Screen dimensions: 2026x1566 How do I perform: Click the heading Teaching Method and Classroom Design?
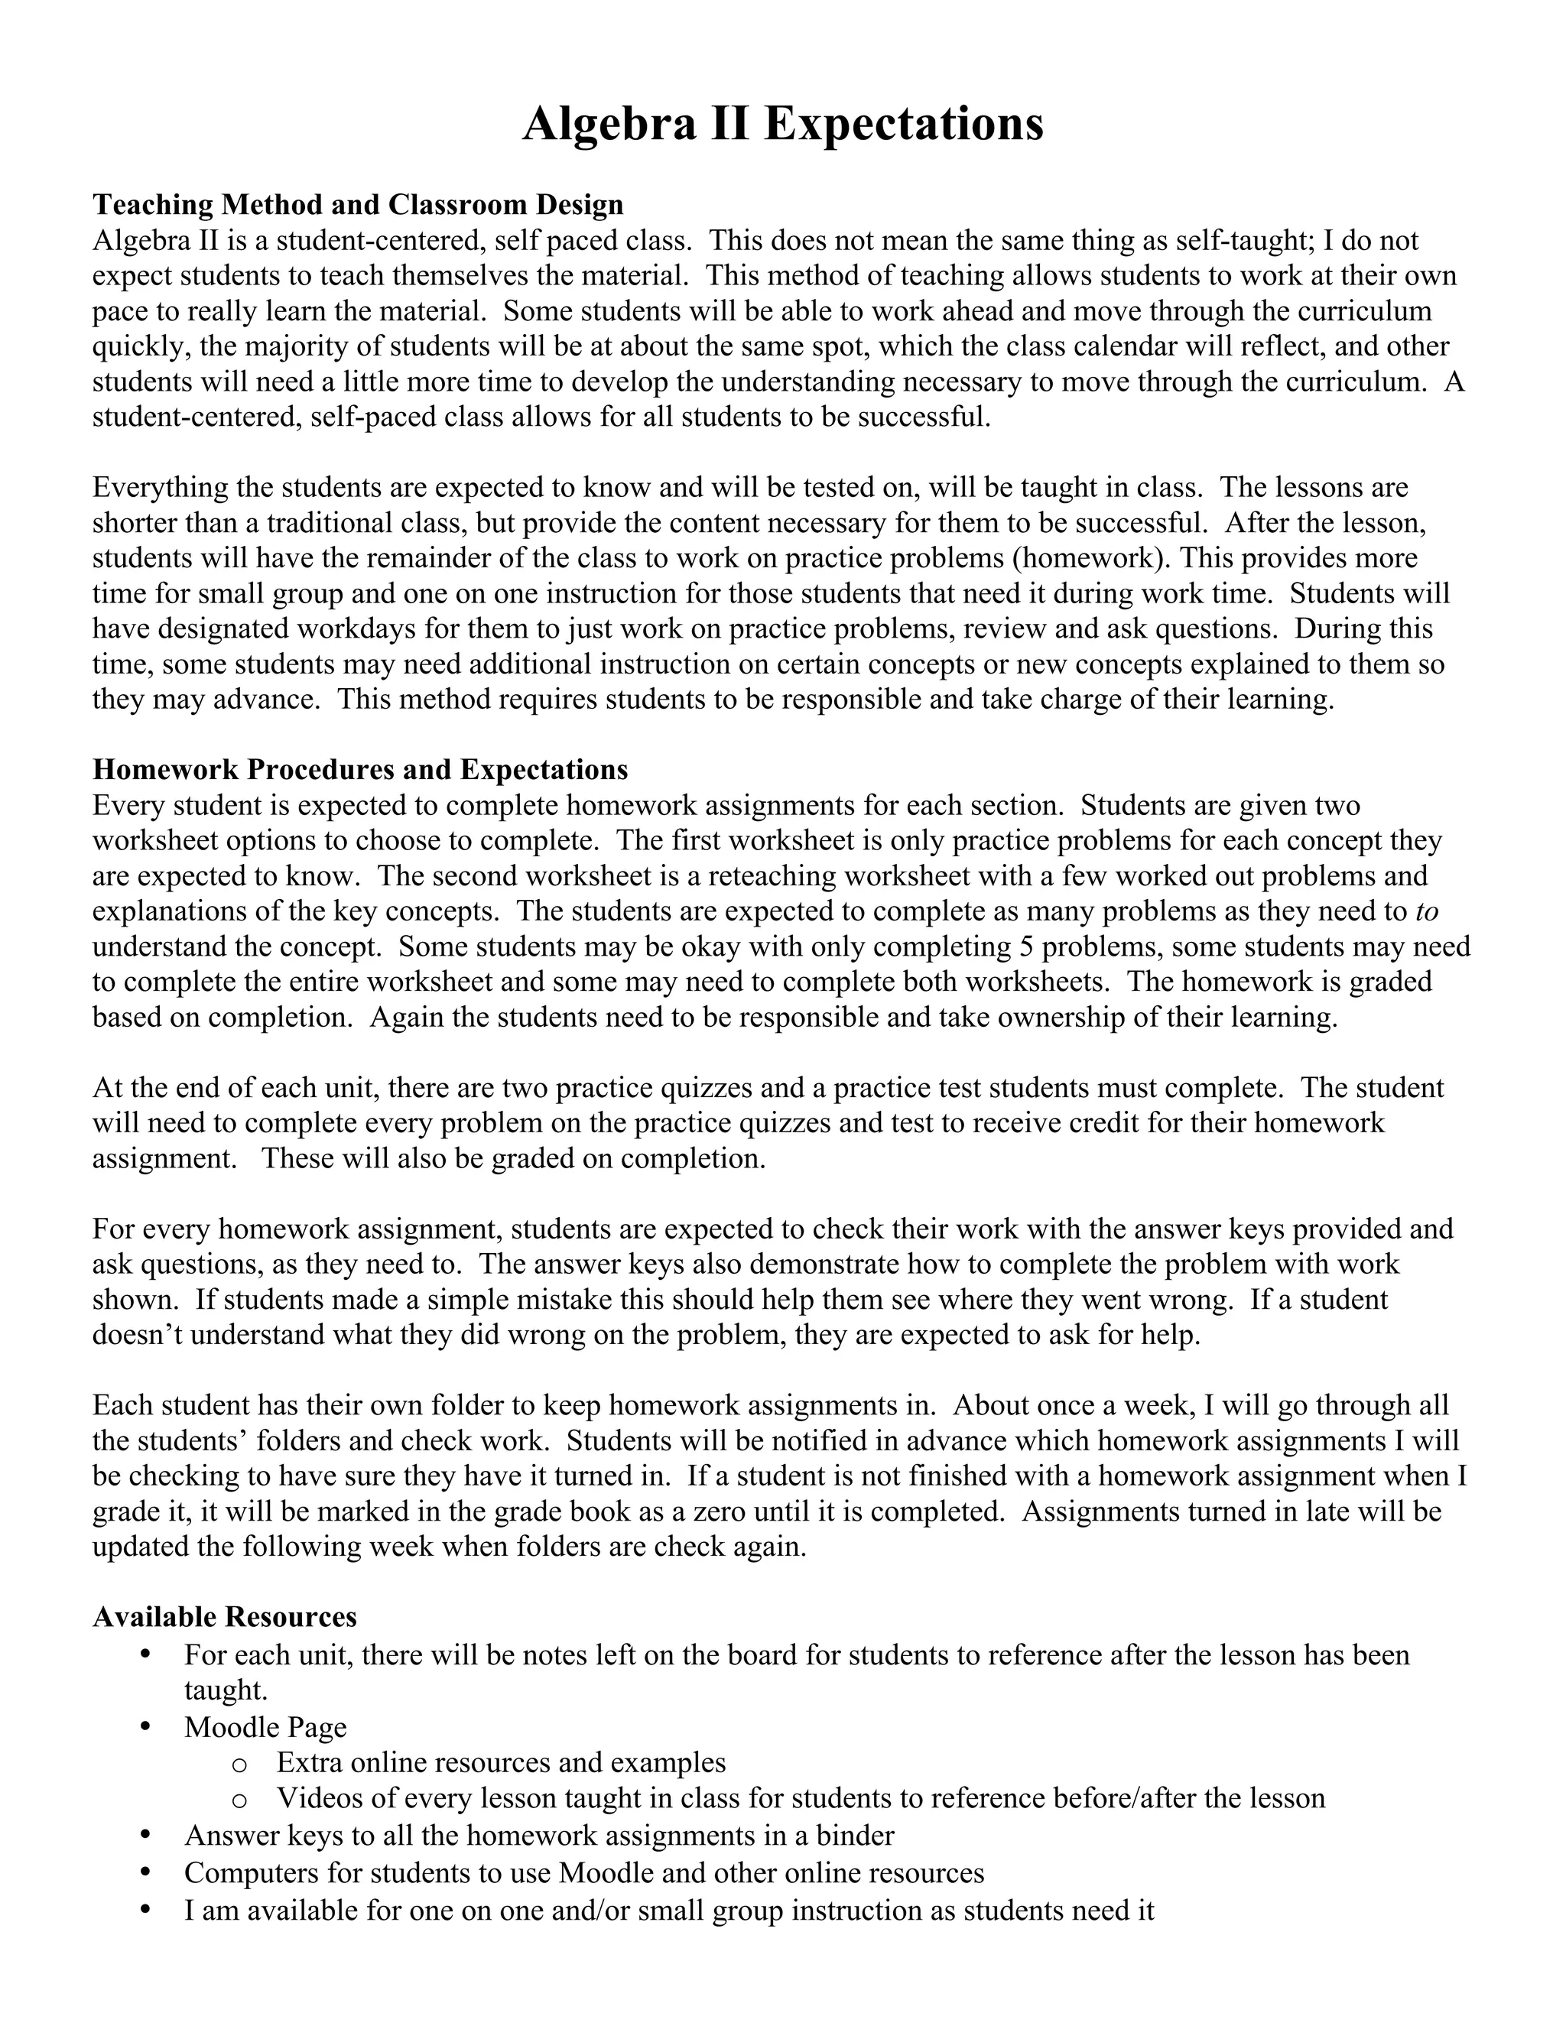pos(357,204)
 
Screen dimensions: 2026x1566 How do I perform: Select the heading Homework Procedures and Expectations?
pos(360,770)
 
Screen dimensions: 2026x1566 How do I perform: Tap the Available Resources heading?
pos(225,1617)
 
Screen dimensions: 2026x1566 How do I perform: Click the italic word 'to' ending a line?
pos(1427,912)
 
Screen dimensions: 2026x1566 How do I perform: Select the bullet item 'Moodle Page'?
pos(265,1727)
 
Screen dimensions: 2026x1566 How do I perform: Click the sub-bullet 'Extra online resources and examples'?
pos(501,1762)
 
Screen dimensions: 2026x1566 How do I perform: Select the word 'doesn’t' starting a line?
pos(134,1335)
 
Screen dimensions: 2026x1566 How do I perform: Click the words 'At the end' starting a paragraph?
pos(160,1088)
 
